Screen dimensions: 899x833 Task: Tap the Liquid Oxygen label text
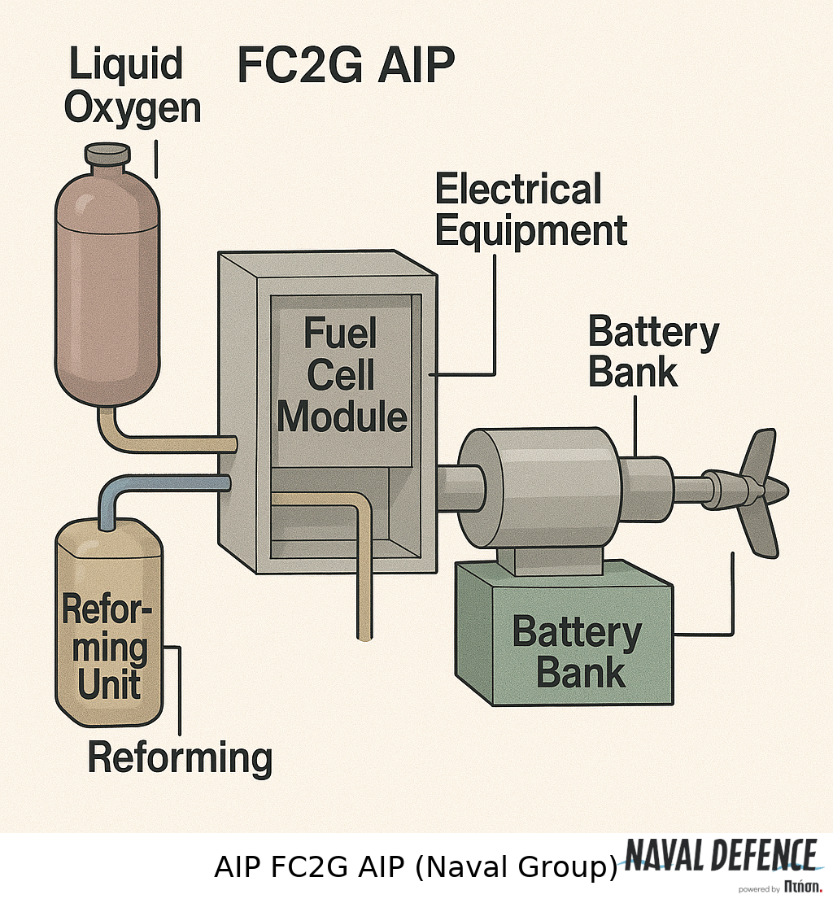(x=133, y=86)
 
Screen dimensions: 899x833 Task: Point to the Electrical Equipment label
(x=530, y=210)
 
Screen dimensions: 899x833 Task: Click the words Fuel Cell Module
(x=342, y=376)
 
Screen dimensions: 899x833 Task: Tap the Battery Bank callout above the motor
(x=653, y=352)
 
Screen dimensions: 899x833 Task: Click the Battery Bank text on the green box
(x=577, y=652)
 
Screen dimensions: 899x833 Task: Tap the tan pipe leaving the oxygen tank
(x=163, y=443)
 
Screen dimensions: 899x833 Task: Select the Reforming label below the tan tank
(x=180, y=757)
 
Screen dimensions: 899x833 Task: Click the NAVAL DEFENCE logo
(x=721, y=856)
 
